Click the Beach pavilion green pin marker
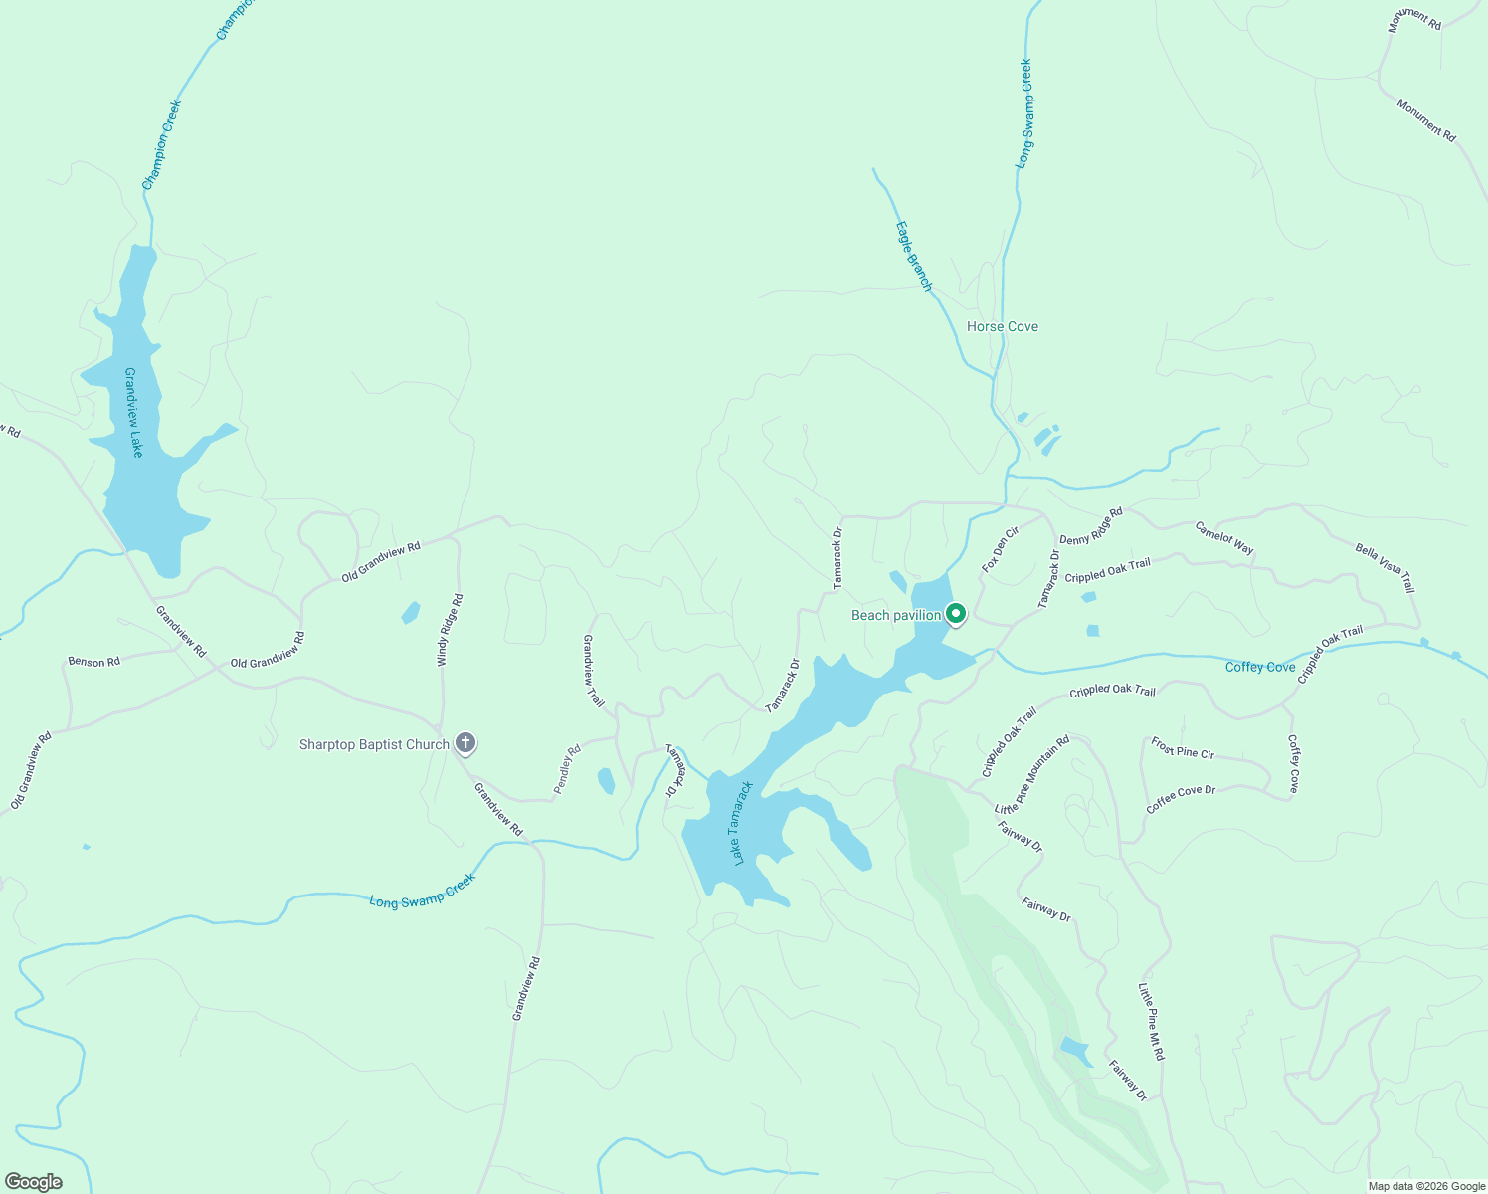[x=955, y=614]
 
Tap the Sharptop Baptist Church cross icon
[x=465, y=742]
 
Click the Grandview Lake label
[x=133, y=412]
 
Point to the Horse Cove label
[x=1003, y=326]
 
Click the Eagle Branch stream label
[x=914, y=256]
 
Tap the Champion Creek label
[x=161, y=145]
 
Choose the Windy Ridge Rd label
[x=451, y=630]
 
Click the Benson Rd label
[x=93, y=662]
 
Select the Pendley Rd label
[x=567, y=769]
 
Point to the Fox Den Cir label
[x=1001, y=549]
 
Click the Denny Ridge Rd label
[x=1091, y=526]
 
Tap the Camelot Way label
[x=1224, y=538]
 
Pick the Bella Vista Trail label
[x=1385, y=567]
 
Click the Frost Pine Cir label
[x=1183, y=748]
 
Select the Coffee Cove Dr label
[x=1181, y=799]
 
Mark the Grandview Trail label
[x=593, y=671]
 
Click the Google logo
[x=33, y=1182]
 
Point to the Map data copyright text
[x=1424, y=1186]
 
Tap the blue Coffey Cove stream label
[x=1260, y=667]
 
